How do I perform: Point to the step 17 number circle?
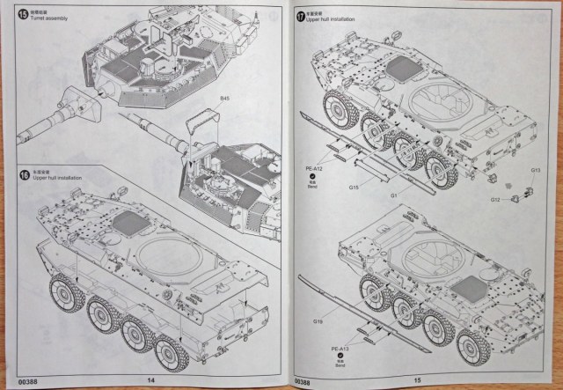click(302, 15)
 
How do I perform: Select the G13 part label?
click(535, 170)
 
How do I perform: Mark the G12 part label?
click(495, 200)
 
